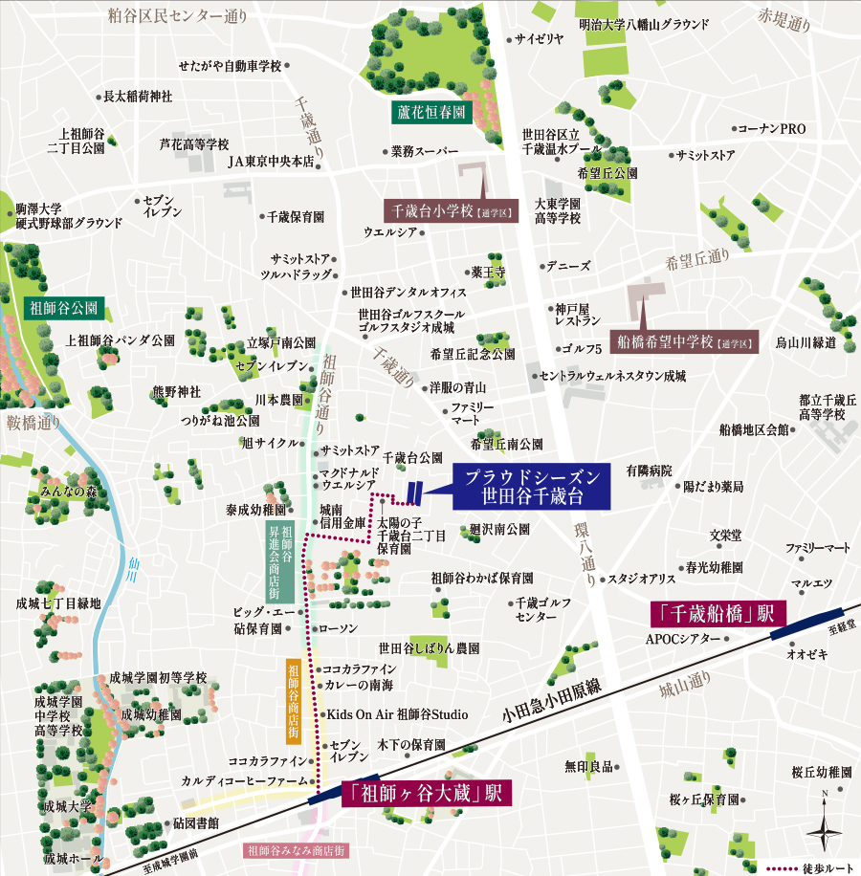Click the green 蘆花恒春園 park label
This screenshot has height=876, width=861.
(431, 112)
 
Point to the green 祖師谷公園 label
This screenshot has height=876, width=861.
(64, 309)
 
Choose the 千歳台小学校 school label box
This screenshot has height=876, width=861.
(451, 210)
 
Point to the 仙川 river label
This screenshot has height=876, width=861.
(132, 572)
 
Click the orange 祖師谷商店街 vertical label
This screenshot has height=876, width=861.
(294, 701)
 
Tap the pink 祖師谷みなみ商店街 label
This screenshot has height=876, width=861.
(296, 849)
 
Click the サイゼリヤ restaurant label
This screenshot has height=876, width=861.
(540, 39)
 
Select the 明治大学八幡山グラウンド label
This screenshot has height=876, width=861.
(644, 24)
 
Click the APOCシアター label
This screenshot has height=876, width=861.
(683, 638)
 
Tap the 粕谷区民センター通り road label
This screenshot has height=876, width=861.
(177, 14)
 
